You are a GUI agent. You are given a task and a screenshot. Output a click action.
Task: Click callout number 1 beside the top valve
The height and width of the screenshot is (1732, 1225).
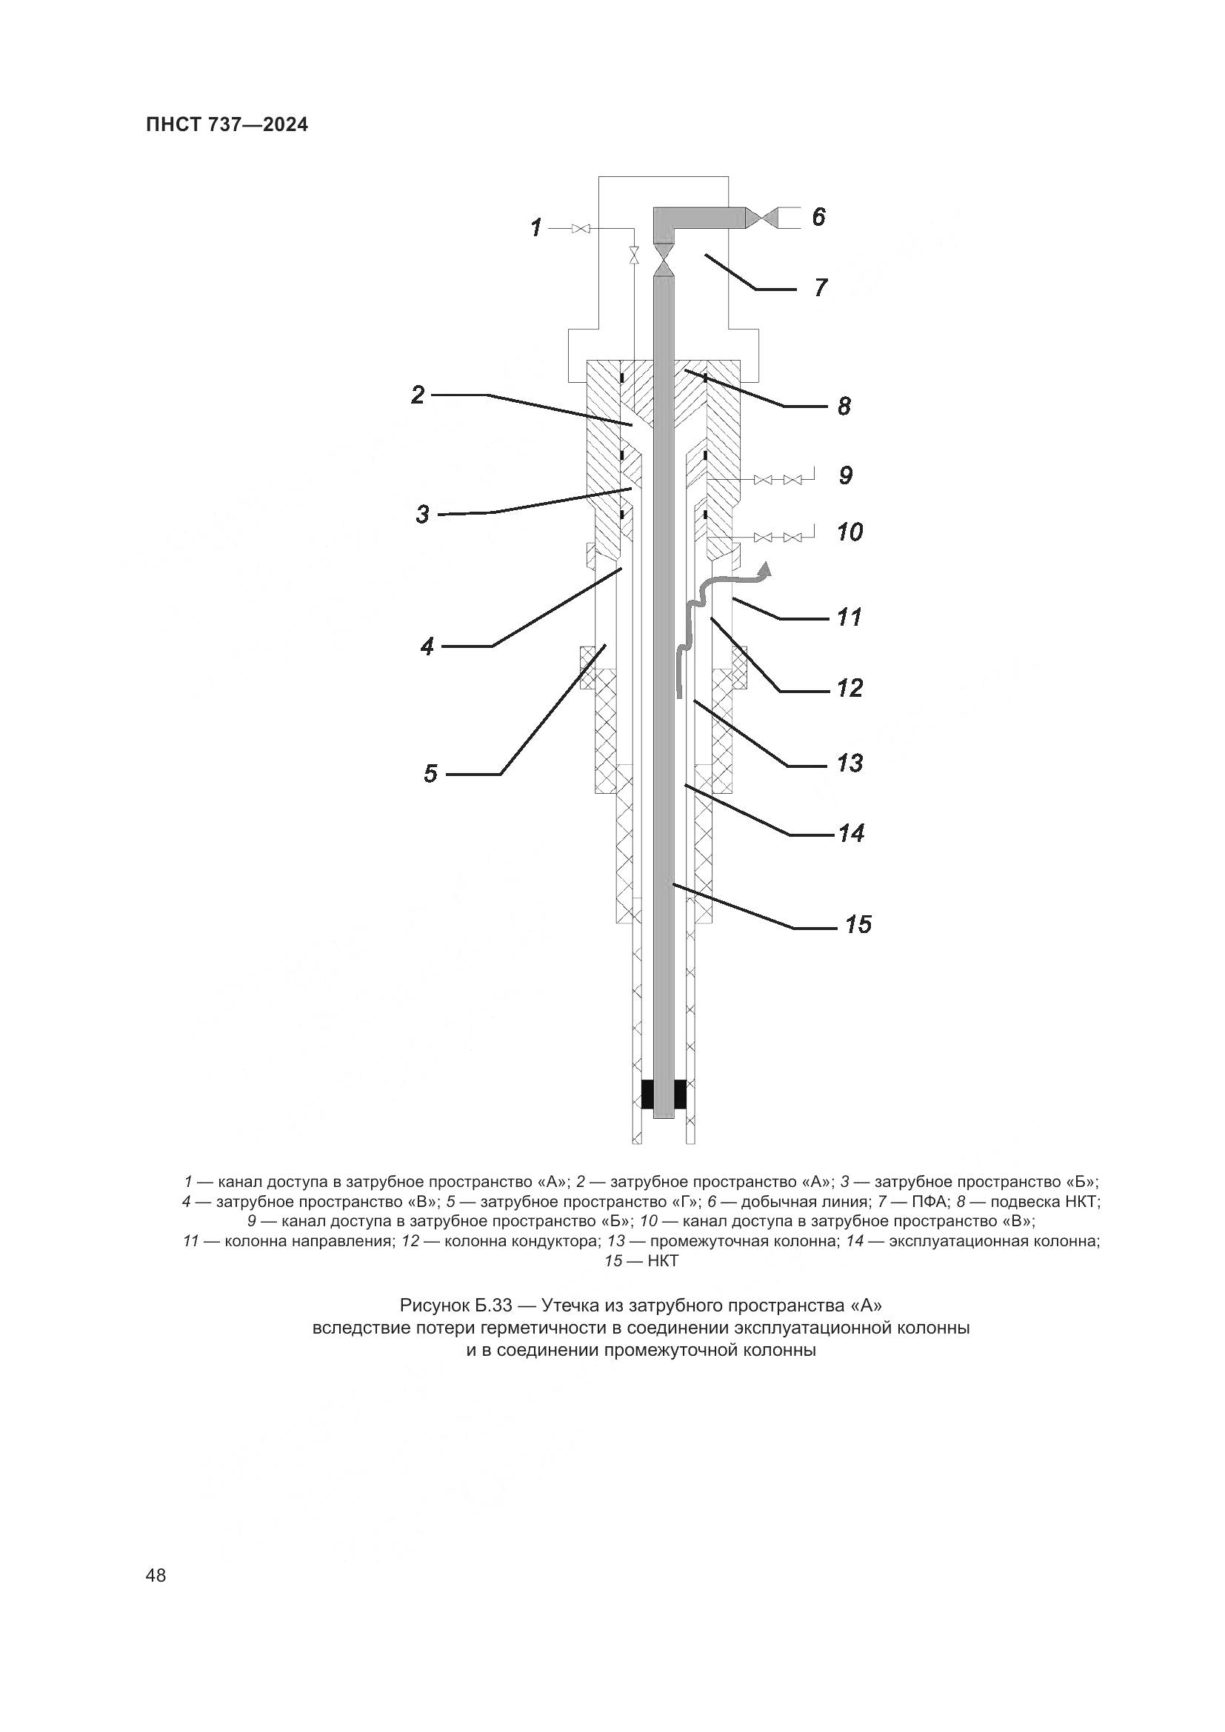tap(536, 227)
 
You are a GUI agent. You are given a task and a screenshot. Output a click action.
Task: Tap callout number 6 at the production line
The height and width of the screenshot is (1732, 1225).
tap(818, 217)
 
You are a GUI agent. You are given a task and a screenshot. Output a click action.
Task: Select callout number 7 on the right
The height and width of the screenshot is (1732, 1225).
tap(821, 287)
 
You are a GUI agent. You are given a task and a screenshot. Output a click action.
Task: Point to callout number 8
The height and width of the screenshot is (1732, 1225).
tap(844, 407)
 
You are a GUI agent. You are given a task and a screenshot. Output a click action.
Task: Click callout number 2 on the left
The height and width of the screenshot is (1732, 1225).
tap(418, 395)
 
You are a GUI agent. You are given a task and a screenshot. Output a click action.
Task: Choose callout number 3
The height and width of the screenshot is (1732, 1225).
tap(422, 515)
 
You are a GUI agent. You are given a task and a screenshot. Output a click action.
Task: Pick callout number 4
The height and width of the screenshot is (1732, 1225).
tap(427, 646)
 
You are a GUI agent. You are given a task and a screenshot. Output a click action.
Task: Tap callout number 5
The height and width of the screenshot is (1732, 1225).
tap(430, 774)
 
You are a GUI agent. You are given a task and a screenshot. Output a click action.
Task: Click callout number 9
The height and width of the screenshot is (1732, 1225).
tap(846, 475)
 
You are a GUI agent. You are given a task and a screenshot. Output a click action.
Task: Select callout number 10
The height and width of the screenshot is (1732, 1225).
tap(850, 532)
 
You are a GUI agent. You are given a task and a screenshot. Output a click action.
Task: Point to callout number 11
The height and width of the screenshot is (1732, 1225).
tap(850, 618)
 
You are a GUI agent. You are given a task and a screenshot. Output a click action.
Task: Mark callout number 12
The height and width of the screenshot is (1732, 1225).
tap(850, 689)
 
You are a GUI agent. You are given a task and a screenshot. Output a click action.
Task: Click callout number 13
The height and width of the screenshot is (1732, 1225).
tap(850, 763)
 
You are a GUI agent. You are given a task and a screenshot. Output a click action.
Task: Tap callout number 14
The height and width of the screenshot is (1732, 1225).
tap(851, 834)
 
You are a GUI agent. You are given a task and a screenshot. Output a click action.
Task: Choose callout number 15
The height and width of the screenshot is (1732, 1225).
tap(858, 925)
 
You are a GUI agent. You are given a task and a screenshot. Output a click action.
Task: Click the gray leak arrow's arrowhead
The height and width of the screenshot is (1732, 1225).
tap(767, 569)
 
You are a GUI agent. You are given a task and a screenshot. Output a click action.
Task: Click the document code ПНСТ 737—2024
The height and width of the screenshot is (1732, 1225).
tap(227, 125)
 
